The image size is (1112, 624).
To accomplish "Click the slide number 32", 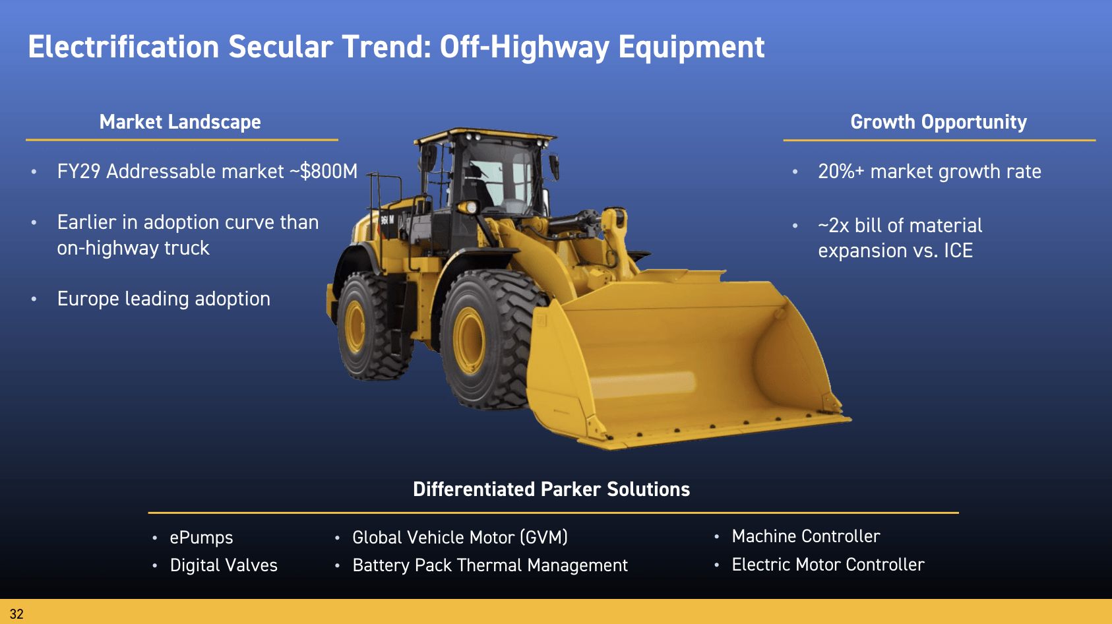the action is click(16, 614).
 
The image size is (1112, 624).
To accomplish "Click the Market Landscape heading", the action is click(179, 121).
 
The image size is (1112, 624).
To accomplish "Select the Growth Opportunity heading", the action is click(939, 121).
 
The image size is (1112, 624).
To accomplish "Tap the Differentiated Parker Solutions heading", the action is click(551, 489).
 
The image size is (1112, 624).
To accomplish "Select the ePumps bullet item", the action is click(201, 538).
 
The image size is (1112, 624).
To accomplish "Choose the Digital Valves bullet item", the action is click(224, 565).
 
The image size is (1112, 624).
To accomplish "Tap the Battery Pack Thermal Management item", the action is click(490, 565).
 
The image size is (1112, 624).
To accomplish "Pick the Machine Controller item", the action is click(806, 536).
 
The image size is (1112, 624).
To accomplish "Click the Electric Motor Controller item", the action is click(828, 565).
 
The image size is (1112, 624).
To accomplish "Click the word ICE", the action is click(958, 250).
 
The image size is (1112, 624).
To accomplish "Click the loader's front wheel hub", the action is click(468, 340).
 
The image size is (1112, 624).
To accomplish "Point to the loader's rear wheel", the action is click(370, 326).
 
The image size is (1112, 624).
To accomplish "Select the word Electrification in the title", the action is click(123, 47).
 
